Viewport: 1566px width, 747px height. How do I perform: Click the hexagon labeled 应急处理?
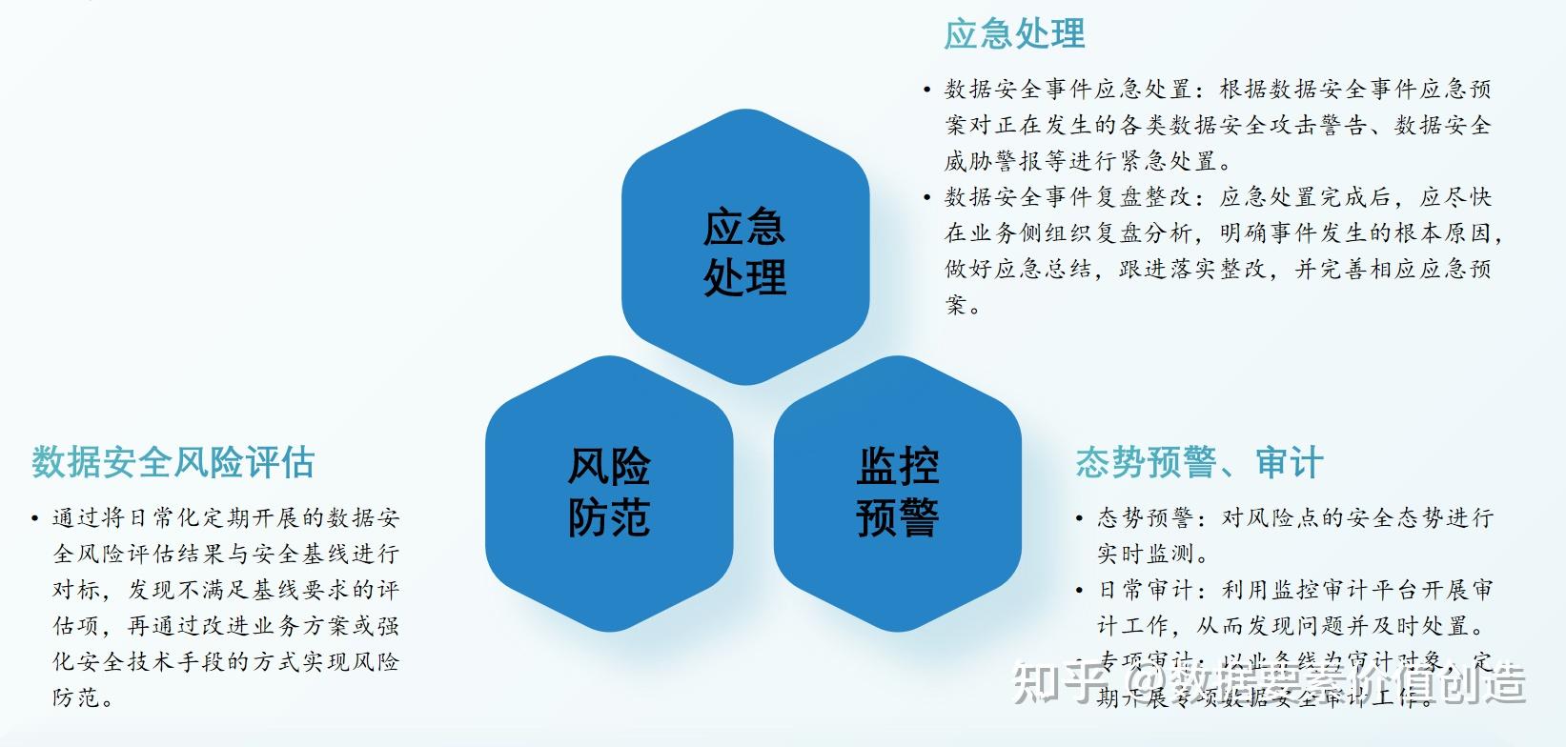[x=744, y=250]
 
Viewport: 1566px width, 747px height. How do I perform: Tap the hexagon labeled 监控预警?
[x=897, y=493]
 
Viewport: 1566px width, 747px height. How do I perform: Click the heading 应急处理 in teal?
[x=1014, y=34]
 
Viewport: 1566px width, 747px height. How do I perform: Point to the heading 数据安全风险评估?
[x=173, y=462]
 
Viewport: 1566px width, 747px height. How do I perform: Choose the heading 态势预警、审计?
[x=1198, y=463]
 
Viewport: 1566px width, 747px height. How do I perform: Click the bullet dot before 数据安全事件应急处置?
[x=926, y=91]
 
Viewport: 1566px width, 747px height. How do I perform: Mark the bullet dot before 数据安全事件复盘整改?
[x=926, y=198]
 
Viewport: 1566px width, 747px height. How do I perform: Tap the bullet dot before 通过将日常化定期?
[x=35, y=519]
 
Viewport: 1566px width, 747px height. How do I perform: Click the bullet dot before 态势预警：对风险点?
[x=1079, y=519]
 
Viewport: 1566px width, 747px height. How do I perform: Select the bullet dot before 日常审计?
[x=1079, y=591]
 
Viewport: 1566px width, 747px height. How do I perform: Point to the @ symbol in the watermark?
[x=1141, y=683]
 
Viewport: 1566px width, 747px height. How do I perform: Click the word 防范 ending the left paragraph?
[x=76, y=697]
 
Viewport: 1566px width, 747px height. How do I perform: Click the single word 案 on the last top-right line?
[x=957, y=305]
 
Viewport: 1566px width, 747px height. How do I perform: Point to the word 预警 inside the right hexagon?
[x=897, y=518]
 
